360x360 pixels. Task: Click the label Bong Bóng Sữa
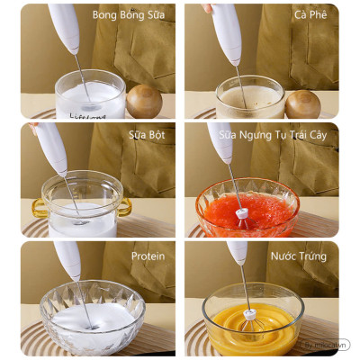[132, 15]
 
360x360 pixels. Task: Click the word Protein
[148, 256]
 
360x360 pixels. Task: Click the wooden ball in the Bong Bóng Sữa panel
[144, 101]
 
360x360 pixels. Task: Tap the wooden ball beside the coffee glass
[303, 103]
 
